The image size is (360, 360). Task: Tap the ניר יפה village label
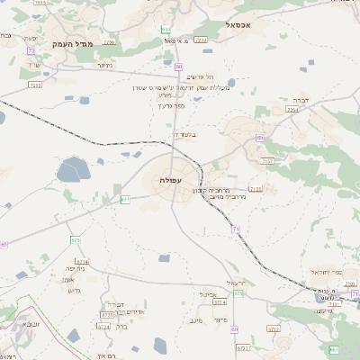pos(76,268)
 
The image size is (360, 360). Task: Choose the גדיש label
pos(76,290)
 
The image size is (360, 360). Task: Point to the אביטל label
pos(210,293)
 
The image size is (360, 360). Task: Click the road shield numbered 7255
pos(36,85)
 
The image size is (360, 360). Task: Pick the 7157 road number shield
pos(267,160)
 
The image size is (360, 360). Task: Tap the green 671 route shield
pos(125,199)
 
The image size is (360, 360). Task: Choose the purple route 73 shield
pos(31,51)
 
